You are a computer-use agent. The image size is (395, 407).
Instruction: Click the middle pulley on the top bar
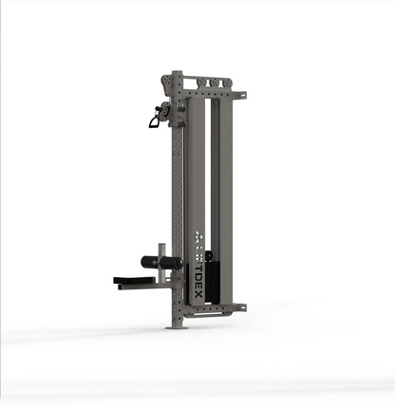[x=215, y=83]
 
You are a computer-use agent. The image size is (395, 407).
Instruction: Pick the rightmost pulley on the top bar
[x=228, y=83]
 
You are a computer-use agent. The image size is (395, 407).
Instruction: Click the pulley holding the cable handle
[x=167, y=112]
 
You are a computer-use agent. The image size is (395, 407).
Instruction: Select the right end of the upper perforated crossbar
[x=243, y=95]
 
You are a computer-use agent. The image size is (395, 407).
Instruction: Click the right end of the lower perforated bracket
[x=242, y=307]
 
